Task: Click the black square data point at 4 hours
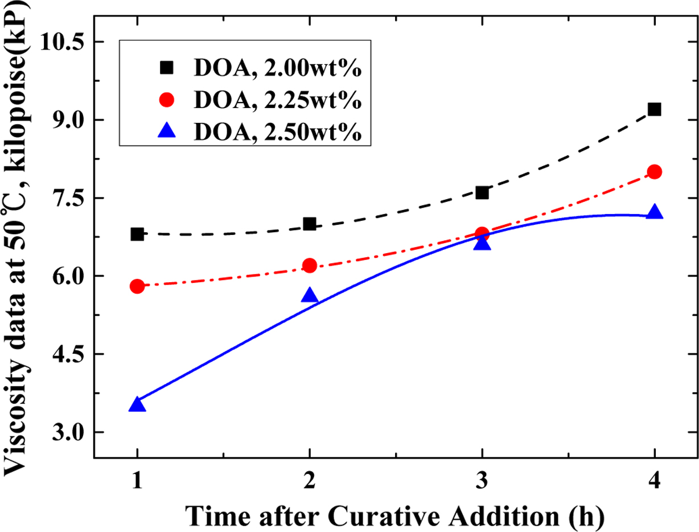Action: [x=654, y=109]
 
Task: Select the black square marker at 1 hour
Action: [x=137, y=234]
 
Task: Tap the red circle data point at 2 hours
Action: [x=310, y=265]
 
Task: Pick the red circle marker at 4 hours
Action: [x=654, y=172]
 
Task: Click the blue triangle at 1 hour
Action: [x=137, y=405]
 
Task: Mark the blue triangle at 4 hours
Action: [x=654, y=212]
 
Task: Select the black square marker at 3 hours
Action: [x=482, y=193]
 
